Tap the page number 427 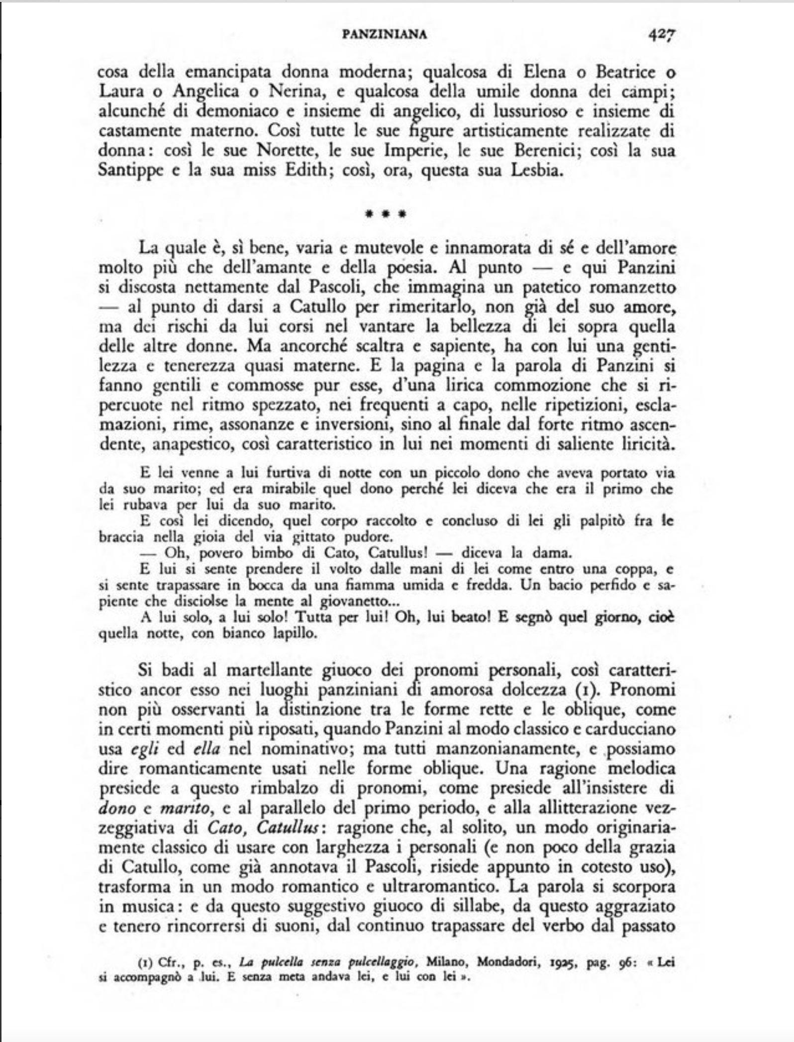pyautogui.click(x=660, y=34)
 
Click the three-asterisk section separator pyautogui.click(x=386, y=215)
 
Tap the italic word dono pyautogui.click(x=117, y=809)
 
